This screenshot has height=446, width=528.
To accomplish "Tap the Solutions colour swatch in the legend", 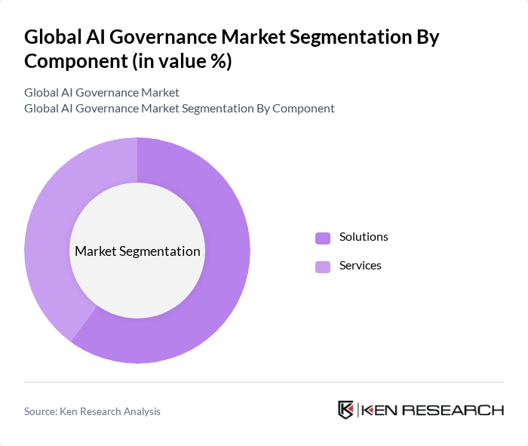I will [x=323, y=238].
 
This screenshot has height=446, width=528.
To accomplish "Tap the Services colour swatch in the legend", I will [x=323, y=266].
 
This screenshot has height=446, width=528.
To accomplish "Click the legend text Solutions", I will [x=364, y=237].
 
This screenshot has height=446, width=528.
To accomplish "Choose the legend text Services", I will [x=361, y=266].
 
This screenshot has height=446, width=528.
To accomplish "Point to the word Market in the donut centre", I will [x=95, y=251].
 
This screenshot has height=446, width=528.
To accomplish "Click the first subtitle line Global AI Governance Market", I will [x=102, y=93].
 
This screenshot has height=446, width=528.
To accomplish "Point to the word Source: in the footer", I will [x=41, y=411].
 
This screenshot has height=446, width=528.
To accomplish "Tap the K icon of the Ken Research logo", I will [x=345, y=410].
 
